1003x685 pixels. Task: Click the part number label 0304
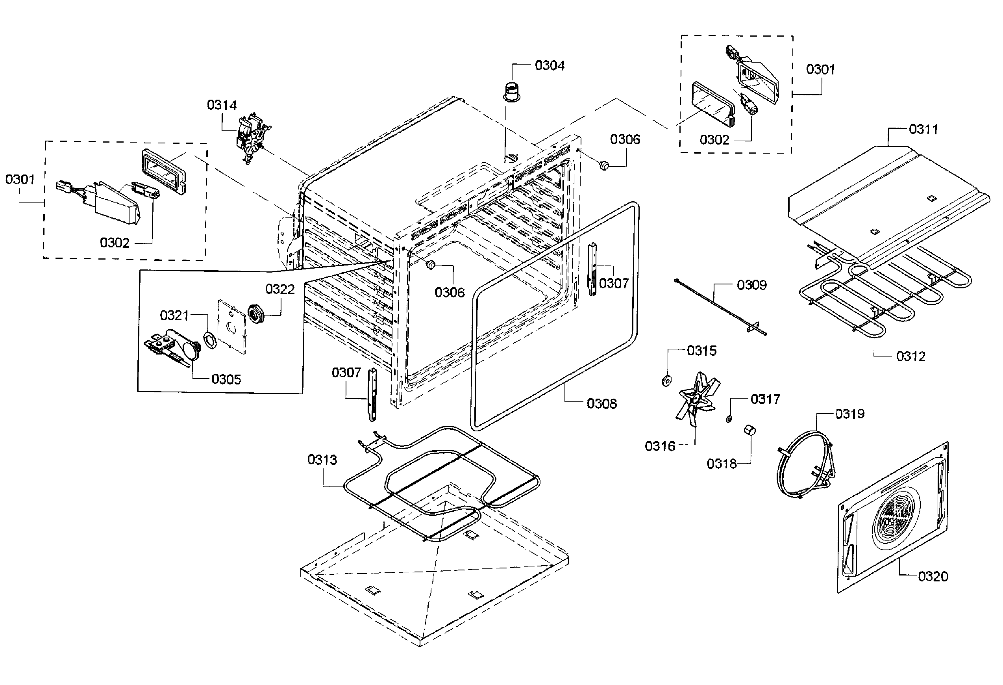[x=549, y=65]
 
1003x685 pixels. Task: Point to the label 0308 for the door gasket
[x=601, y=403]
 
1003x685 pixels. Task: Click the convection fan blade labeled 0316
[x=695, y=399]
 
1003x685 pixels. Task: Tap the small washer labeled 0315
[x=667, y=381]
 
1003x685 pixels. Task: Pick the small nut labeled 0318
[x=749, y=430]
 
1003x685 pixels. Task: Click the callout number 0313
[x=322, y=460]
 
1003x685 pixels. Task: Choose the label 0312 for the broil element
[x=910, y=356]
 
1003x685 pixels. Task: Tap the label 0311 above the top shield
[x=923, y=129]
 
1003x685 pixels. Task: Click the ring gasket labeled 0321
[x=210, y=340]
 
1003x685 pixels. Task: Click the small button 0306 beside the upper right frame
[x=604, y=165]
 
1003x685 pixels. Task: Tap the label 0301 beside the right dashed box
[x=820, y=69]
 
